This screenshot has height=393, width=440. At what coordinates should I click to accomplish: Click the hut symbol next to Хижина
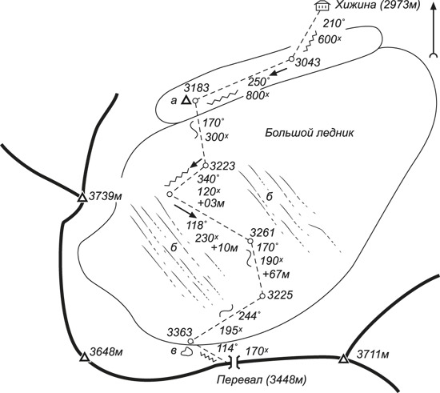322,6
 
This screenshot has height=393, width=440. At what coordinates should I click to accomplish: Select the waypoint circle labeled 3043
291,59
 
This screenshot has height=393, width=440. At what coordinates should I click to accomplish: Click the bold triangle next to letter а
186,100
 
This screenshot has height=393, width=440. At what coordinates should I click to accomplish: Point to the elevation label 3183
197,88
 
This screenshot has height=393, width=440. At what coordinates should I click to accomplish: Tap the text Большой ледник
310,133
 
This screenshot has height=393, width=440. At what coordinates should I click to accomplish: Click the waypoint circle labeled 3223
206,166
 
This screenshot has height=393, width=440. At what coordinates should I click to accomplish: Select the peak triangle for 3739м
82,197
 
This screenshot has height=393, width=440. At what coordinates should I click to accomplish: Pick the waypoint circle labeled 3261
250,241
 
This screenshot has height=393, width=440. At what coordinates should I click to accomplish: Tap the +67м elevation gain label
277,274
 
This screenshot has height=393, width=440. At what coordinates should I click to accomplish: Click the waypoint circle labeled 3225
262,296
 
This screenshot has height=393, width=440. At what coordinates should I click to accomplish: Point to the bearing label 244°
249,316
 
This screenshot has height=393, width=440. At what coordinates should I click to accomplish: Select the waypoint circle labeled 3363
190,341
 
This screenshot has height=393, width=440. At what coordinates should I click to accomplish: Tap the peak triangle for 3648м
84,357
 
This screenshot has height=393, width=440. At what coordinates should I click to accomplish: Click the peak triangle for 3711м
343,359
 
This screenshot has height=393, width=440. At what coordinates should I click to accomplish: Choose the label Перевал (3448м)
262,380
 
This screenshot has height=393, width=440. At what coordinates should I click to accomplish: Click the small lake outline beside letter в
186,351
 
